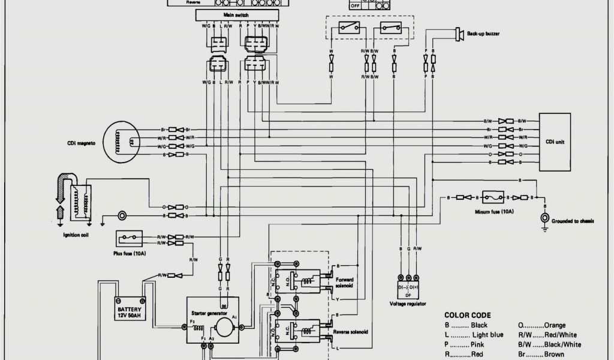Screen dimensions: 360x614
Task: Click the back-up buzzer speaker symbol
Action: [459, 34]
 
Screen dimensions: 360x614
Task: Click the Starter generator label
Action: [209, 313]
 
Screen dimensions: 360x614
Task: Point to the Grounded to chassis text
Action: [574, 221]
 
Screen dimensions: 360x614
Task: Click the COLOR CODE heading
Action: [468, 315]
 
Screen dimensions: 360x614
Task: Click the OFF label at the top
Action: [355, 5]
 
